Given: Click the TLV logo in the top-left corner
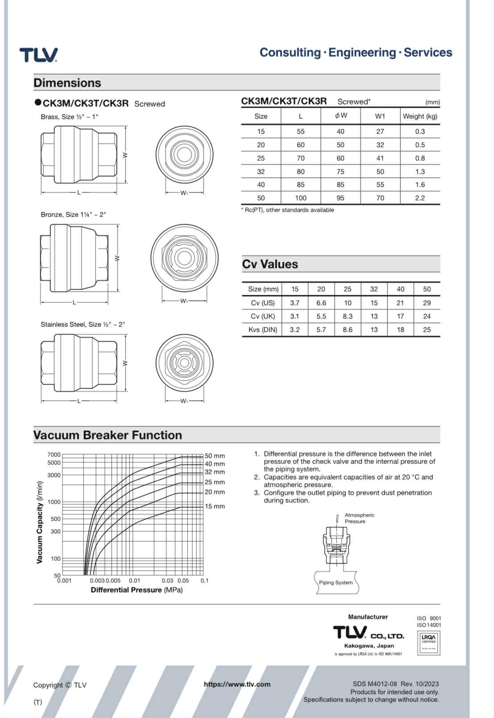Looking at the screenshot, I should (x=38, y=55).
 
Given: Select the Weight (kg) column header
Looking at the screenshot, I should (x=420, y=116).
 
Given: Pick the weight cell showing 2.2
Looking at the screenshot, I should (x=420, y=198).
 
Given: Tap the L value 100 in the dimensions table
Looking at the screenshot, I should (x=301, y=198).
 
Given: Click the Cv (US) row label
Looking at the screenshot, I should (x=263, y=303).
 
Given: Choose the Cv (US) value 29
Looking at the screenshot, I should (x=427, y=303).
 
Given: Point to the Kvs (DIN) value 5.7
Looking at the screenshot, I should (x=321, y=330).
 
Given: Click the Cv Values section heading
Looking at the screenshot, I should (x=270, y=264).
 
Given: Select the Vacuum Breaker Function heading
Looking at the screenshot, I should (x=108, y=435).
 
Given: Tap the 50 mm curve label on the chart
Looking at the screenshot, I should (x=215, y=456).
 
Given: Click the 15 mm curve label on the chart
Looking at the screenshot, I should (x=215, y=506).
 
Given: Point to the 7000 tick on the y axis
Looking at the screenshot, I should (x=54, y=455).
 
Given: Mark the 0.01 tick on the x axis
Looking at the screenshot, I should (x=134, y=580).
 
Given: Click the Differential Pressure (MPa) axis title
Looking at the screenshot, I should (x=137, y=590).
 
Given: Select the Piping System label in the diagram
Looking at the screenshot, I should (x=336, y=582).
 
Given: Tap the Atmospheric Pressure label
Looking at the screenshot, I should (x=359, y=518).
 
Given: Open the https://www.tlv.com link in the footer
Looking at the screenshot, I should (x=237, y=684).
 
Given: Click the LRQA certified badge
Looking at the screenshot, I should (x=428, y=643).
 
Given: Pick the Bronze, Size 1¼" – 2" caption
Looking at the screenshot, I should (x=73, y=214).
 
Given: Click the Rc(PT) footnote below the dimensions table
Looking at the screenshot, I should (x=288, y=210).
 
